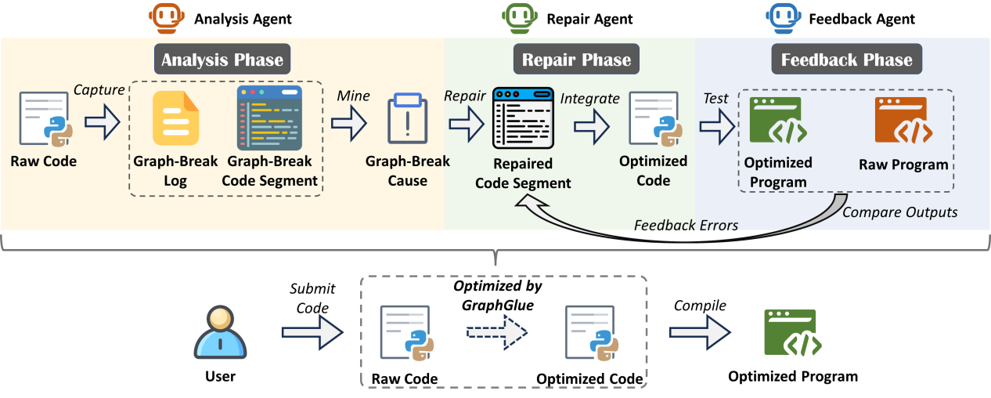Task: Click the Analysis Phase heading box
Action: click(222, 60)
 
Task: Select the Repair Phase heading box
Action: click(576, 60)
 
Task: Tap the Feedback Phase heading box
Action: click(846, 60)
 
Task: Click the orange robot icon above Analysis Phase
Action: click(164, 16)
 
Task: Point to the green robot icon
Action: click(517, 16)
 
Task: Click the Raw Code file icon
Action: click(43, 120)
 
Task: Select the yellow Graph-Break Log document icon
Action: click(175, 119)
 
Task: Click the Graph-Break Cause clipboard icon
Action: click(408, 120)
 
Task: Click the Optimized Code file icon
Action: click(654, 120)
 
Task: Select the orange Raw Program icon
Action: click(901, 120)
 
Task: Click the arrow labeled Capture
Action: click(102, 122)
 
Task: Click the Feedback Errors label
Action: click(686, 226)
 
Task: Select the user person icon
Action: click(221, 332)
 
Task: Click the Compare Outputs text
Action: click(900, 212)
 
